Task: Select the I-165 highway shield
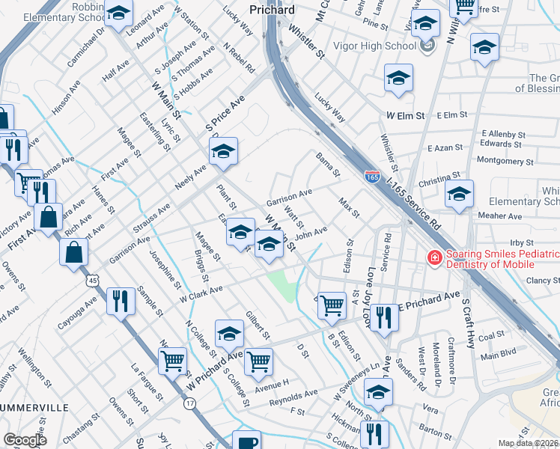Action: pos(372,177)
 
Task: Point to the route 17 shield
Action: pos(189,403)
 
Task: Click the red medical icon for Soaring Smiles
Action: pos(433,258)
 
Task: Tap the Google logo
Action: pos(25,440)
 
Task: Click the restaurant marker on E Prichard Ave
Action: pos(383,317)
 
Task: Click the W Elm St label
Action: pos(406,116)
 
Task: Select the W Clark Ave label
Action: pos(201,294)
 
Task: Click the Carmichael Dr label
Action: pos(87,49)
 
